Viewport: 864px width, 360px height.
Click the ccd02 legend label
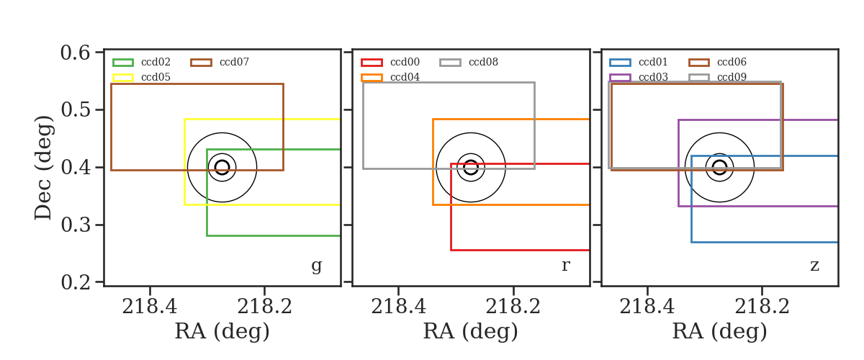pyautogui.click(x=156, y=62)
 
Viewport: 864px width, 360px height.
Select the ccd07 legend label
pyautogui.click(x=234, y=62)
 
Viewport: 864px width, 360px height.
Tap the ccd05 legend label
pyautogui.click(x=156, y=77)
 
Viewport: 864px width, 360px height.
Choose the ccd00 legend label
pyautogui.click(x=405, y=62)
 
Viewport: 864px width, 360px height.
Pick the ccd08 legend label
pyautogui.click(x=483, y=62)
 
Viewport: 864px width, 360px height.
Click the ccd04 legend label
pyautogui.click(x=405, y=77)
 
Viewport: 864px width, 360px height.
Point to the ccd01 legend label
pyautogui.click(x=653, y=62)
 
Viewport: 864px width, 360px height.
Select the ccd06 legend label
pyautogui.click(x=732, y=62)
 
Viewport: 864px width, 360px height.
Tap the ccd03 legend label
pyautogui.click(x=653, y=77)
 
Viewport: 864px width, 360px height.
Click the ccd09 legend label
pyautogui.click(x=732, y=77)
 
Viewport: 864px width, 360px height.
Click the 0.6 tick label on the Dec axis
pyautogui.click(x=76, y=53)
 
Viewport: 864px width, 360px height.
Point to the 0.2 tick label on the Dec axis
pyautogui.click(x=76, y=282)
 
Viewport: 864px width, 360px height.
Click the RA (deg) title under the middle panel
pyautogui.click(x=471, y=331)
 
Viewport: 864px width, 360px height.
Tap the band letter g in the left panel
pyautogui.click(x=317, y=266)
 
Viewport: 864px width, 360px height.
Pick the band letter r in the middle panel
pyautogui.click(x=565, y=265)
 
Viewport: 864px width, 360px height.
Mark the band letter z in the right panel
pyautogui.click(x=814, y=266)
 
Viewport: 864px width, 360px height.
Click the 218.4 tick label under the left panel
pyautogui.click(x=150, y=307)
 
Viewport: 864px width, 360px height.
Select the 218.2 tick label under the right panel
pyautogui.click(x=762, y=307)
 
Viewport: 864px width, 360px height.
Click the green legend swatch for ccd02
pyautogui.click(x=123, y=63)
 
